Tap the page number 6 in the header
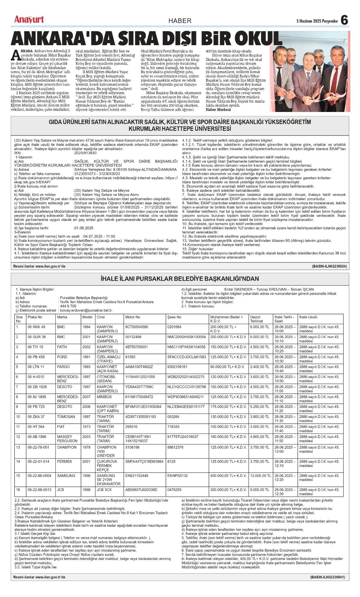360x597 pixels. pos(344,20)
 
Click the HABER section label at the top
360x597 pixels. pos(180,21)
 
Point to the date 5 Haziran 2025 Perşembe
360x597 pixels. pos(317,21)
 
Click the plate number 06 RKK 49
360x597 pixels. pos(36,327)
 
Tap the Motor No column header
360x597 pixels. pos(133,317)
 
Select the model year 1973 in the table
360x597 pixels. pos(86,426)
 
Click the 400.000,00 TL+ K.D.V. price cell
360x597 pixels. pos(228,475)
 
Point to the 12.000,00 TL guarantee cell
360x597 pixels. pos(260,475)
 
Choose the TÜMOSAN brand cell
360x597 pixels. pos(66,417)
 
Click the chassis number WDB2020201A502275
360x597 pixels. pos(186,377)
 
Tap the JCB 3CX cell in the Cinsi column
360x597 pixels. pos(104,490)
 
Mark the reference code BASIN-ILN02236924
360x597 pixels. pos(329,266)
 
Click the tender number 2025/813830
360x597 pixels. pos(85,153)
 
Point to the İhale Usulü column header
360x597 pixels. pos(308,317)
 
